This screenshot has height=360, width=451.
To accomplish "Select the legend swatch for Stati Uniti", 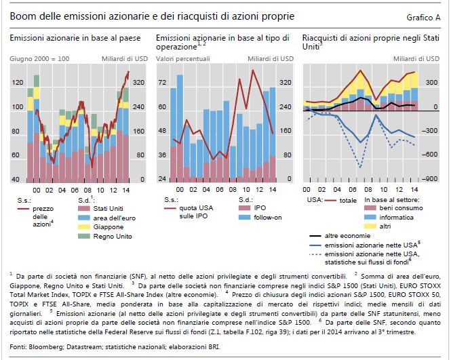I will pos(84,208).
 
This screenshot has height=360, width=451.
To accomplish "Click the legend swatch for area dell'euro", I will pos(84,218).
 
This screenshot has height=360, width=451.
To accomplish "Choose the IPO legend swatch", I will pos(243,208).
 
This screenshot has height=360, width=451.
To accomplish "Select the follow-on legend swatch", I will pos(243,217).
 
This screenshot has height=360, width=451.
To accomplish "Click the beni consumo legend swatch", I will pos(369,209).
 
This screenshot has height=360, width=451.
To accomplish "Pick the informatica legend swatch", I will pos(369,218).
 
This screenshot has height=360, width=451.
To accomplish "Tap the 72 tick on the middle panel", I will pos(162,83).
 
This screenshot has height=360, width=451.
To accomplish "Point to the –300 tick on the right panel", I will pos(429,132).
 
